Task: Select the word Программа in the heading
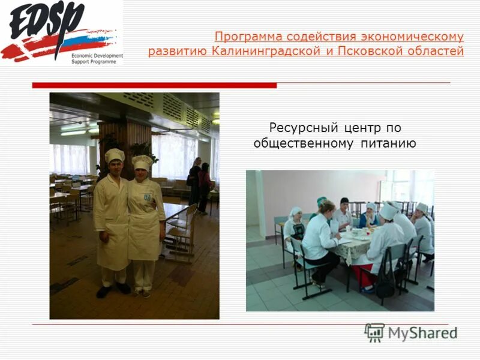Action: tap(247, 37)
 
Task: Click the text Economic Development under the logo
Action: tap(97, 56)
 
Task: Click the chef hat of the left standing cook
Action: tap(114, 155)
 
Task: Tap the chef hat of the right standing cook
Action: tap(142, 162)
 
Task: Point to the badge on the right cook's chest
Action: tap(145, 196)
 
